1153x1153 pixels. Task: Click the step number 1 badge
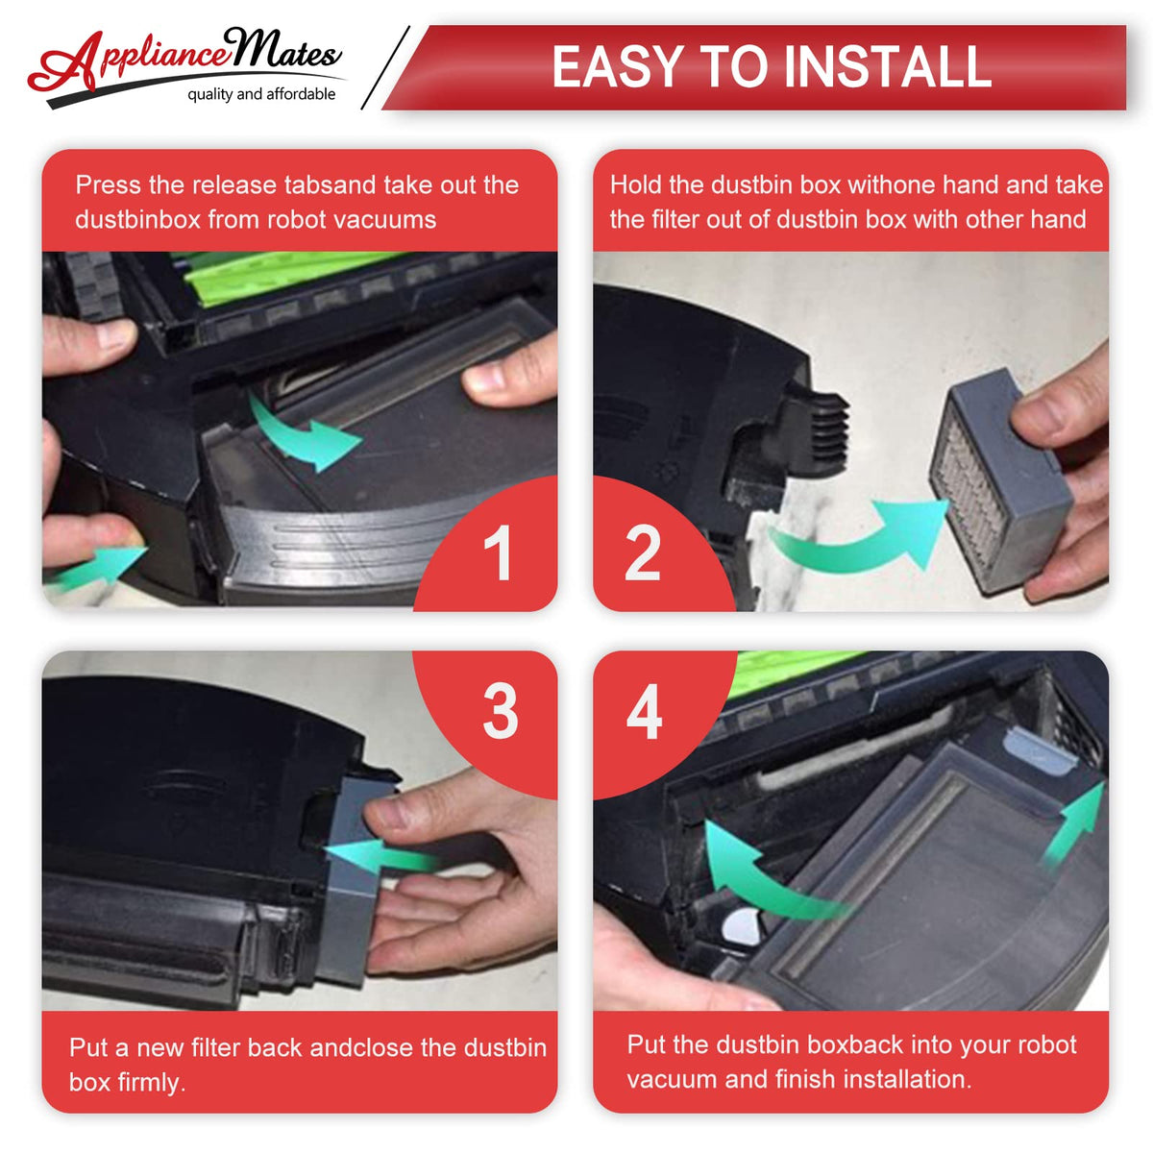(x=497, y=552)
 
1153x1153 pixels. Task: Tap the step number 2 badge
(x=643, y=552)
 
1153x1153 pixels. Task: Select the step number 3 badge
(x=501, y=711)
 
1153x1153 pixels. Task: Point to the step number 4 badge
(x=645, y=711)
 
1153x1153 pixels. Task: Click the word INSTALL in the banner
(x=887, y=66)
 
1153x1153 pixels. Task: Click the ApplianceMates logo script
(x=185, y=60)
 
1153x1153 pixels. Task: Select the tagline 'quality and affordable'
(x=261, y=94)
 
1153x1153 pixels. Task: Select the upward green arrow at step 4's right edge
(x=1075, y=821)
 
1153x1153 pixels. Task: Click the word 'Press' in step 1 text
(x=109, y=184)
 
